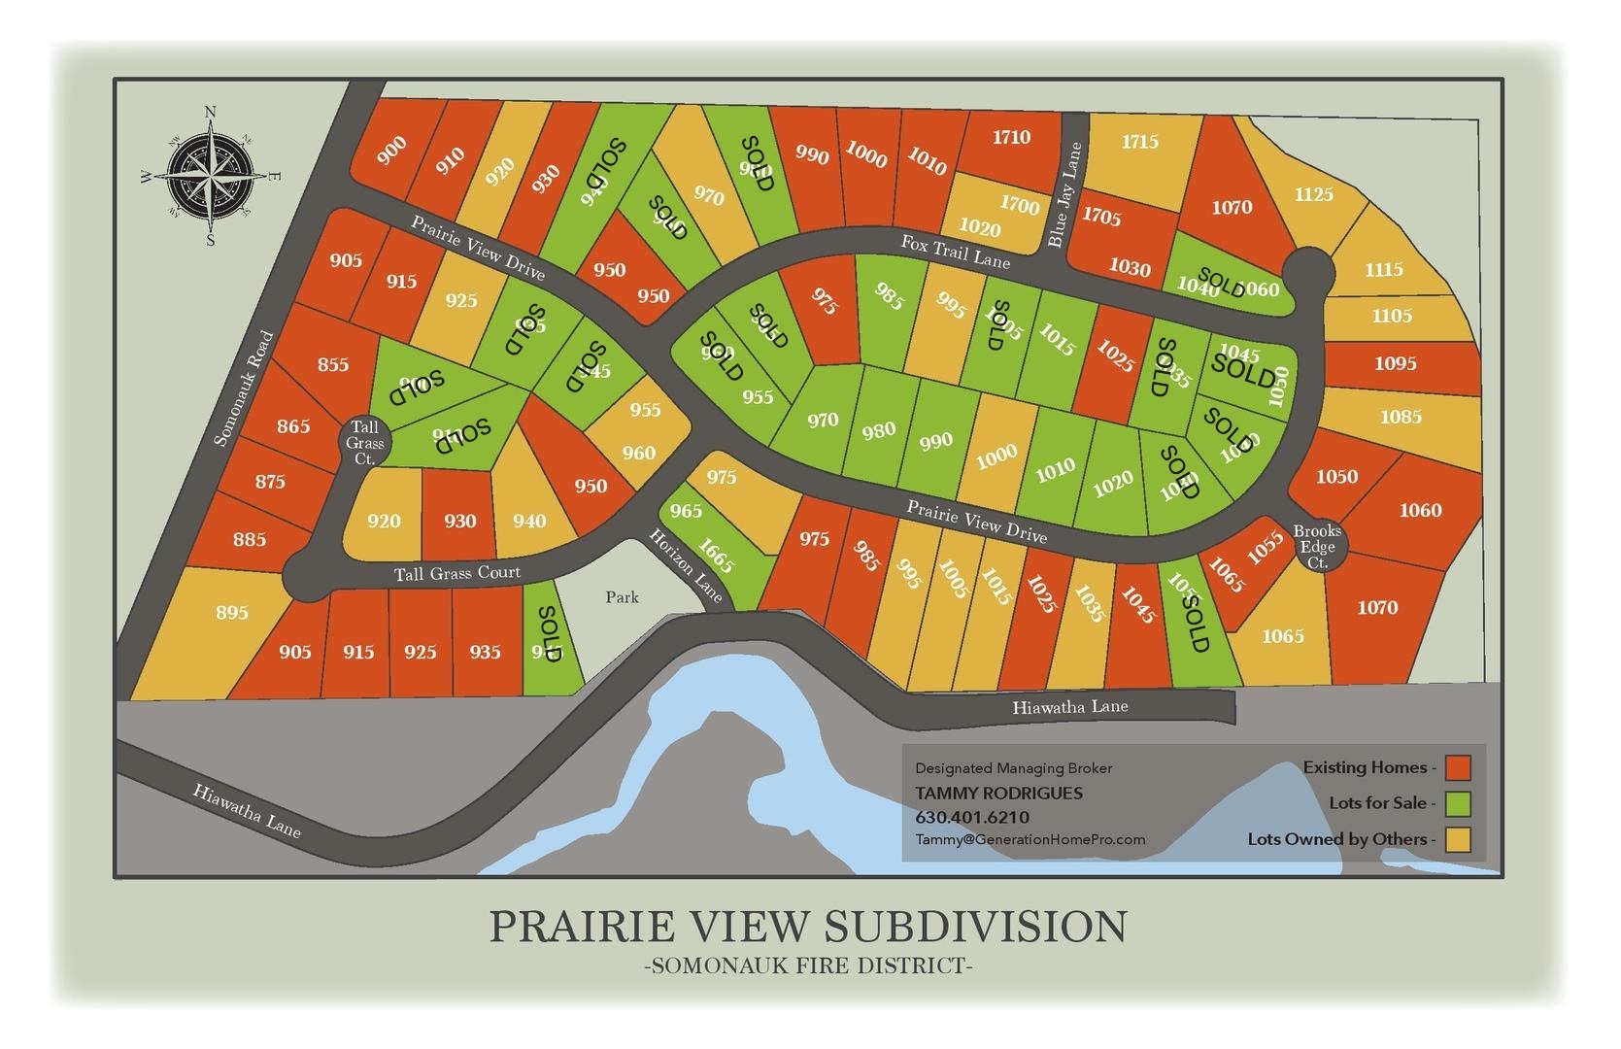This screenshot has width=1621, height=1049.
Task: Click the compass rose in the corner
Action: point(210,176)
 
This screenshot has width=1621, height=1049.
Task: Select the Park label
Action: point(622,597)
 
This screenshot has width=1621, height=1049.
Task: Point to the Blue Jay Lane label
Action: point(1064,195)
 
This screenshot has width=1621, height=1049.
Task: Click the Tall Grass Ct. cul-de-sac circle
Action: point(365,442)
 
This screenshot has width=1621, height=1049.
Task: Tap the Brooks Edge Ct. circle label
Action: point(1317,547)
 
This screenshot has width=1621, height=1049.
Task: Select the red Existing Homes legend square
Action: point(1458,767)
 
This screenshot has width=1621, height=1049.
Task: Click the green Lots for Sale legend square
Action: point(1458,803)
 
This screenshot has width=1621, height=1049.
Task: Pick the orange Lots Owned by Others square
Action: point(1458,839)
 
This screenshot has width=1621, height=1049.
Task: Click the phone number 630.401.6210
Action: point(972,817)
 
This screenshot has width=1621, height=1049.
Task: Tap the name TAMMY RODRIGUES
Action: point(998,793)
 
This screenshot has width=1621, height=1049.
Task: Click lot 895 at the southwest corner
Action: point(232,613)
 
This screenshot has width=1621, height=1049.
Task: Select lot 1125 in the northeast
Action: point(1313,194)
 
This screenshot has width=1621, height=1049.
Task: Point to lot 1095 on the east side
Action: point(1395,363)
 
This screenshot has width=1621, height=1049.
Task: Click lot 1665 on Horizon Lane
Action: point(717,557)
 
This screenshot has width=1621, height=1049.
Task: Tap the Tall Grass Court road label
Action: point(456,573)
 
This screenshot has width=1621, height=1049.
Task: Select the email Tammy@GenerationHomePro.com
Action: point(1030,839)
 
